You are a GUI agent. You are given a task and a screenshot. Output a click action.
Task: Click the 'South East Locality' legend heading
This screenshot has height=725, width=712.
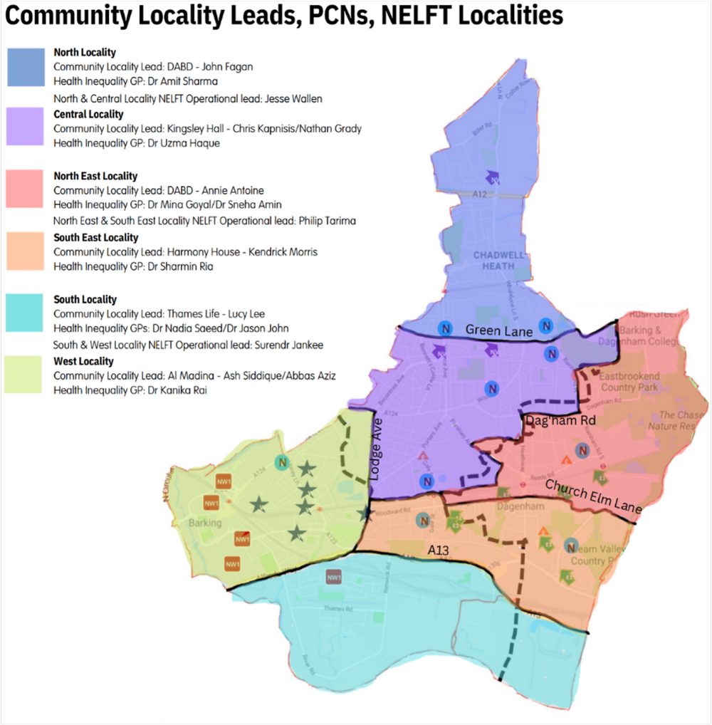coord(95,238)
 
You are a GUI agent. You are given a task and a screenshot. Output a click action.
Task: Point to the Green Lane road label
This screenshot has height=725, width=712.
coord(491,330)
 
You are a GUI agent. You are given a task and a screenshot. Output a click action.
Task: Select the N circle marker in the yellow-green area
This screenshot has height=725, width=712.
coord(283,462)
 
